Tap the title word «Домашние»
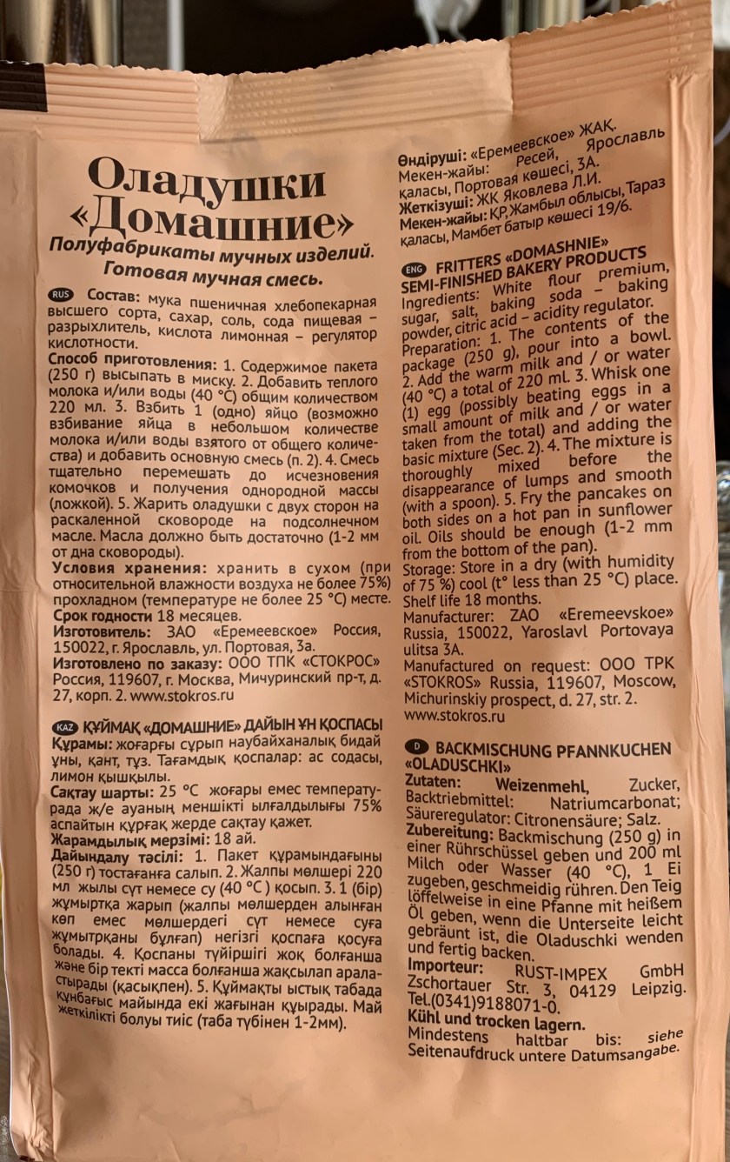click(222, 224)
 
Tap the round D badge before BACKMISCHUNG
click(416, 746)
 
